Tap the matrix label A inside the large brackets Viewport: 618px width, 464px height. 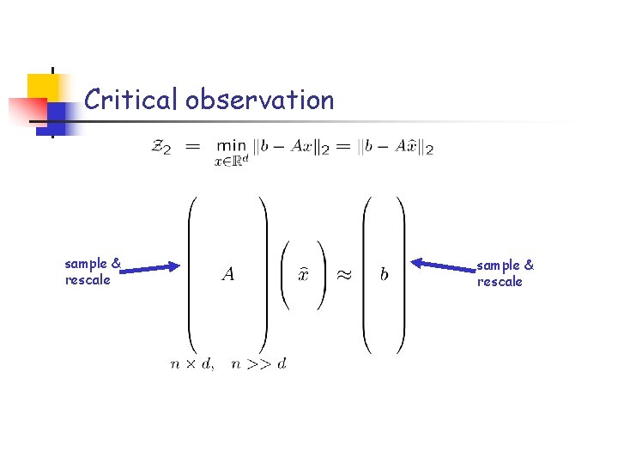227,274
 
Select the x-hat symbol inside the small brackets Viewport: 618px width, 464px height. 303,274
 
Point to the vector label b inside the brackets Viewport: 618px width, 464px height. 384,274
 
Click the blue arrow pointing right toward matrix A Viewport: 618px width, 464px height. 150,270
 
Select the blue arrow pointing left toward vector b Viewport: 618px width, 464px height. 444,266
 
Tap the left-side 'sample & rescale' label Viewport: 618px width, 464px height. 92,272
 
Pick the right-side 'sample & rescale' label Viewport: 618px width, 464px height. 505,273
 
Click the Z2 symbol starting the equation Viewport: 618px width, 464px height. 161,148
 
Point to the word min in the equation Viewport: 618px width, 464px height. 231,146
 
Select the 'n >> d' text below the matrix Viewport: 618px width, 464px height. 258,364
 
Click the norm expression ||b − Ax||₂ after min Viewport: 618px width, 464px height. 288,148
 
